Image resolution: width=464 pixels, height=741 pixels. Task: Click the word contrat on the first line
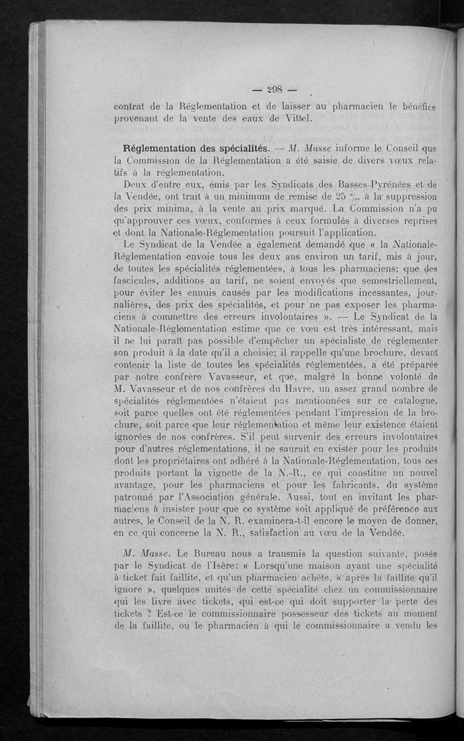(x=132, y=106)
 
